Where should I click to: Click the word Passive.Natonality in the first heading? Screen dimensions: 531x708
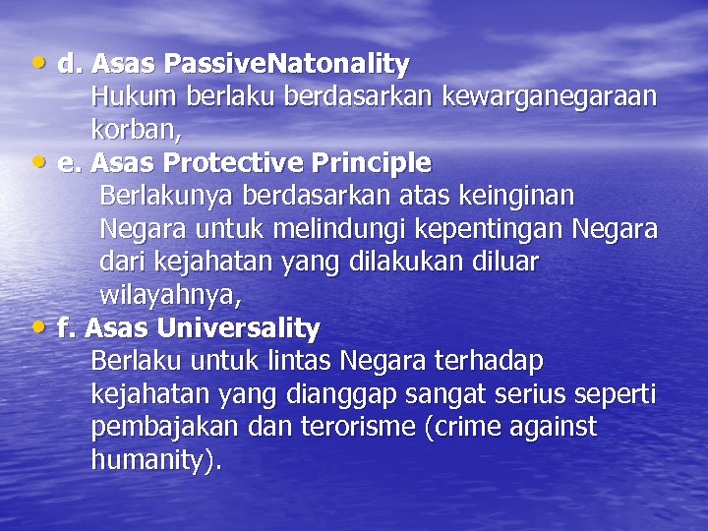pyautogui.click(x=287, y=65)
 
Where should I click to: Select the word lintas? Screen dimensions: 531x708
pyautogui.click(x=298, y=361)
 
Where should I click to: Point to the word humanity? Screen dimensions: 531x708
pyautogui.click(x=152, y=460)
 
